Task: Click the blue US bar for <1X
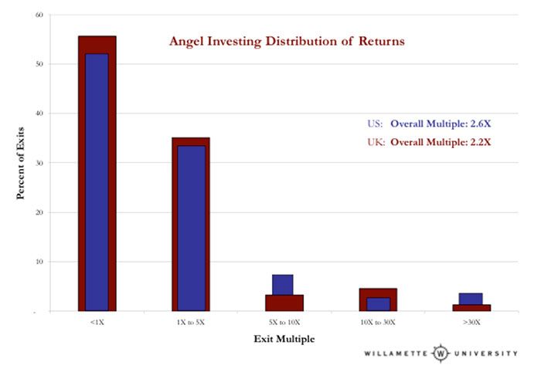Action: pyautogui.click(x=97, y=181)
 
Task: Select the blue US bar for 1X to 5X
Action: pyautogui.click(x=191, y=228)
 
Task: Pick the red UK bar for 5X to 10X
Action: pyautogui.click(x=284, y=303)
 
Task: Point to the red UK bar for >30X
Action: pyautogui.click(x=471, y=307)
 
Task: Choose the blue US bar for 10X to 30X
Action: pyautogui.click(x=377, y=303)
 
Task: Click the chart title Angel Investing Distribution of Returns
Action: pyautogui.click(x=287, y=41)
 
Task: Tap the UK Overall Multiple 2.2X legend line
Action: pyautogui.click(x=429, y=141)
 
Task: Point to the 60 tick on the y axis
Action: pyautogui.click(x=39, y=15)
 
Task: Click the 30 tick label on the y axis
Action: pyautogui.click(x=39, y=163)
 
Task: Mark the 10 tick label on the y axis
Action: pyautogui.click(x=39, y=262)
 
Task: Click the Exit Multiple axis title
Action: pyautogui.click(x=284, y=338)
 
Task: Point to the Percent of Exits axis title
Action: pyautogui.click(x=20, y=163)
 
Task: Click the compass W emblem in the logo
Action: pyautogui.click(x=441, y=354)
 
